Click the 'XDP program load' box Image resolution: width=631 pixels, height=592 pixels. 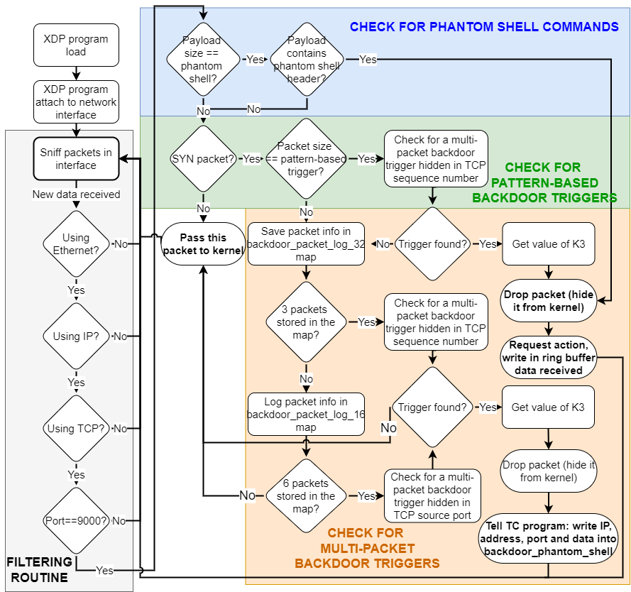point(76,45)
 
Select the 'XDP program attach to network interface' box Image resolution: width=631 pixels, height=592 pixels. point(76,102)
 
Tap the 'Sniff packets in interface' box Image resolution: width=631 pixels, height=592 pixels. point(76,158)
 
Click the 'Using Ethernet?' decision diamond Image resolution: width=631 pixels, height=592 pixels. point(76,243)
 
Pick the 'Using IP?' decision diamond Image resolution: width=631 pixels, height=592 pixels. point(76,336)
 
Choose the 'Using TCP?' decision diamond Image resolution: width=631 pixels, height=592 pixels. point(76,428)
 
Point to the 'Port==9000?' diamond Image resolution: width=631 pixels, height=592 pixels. point(76,520)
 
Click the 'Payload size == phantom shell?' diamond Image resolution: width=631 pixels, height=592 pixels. point(202,60)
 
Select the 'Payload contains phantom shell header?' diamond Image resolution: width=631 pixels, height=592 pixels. point(307,60)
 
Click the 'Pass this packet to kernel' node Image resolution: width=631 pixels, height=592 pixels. point(203,243)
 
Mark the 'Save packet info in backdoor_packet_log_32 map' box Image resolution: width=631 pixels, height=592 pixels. point(306,243)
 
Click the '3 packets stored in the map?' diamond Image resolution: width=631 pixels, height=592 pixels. point(307,322)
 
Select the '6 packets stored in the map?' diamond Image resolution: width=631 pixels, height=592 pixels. point(307,495)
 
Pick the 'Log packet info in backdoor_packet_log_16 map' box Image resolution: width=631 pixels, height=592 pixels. point(306,415)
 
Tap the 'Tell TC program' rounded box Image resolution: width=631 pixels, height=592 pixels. point(548,542)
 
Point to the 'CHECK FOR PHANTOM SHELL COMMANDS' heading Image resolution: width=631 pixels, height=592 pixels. point(484,27)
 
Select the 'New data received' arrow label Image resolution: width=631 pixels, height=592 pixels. point(77,194)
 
